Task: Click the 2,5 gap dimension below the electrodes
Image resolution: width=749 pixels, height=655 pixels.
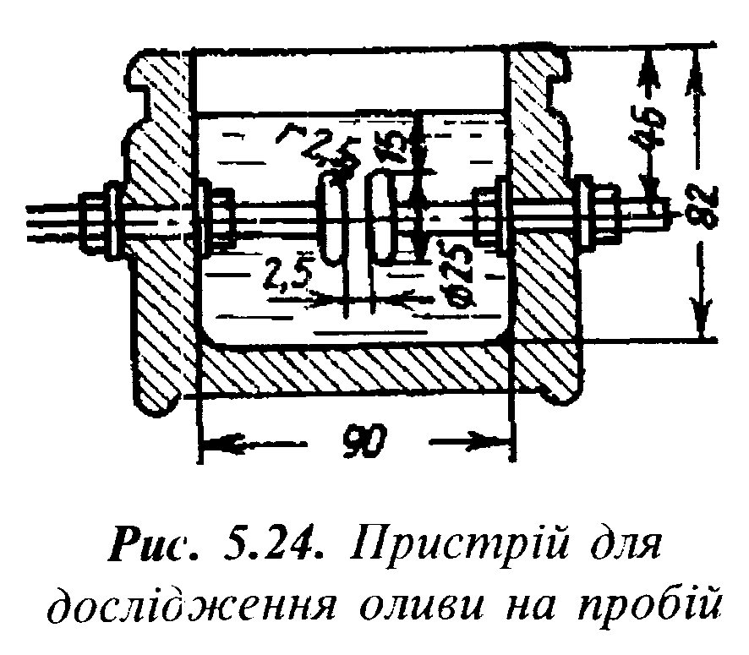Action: [x=286, y=275]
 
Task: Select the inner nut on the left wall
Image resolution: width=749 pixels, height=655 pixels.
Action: [x=216, y=218]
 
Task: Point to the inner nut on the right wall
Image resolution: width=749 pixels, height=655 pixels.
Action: [x=489, y=216]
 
